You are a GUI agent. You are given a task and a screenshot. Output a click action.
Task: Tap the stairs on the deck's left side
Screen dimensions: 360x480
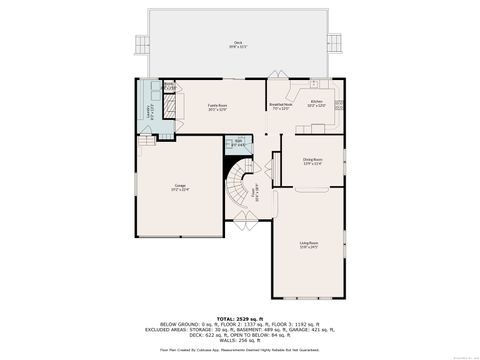click(x=137, y=44)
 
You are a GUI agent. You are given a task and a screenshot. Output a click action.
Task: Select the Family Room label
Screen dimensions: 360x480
click(x=217, y=106)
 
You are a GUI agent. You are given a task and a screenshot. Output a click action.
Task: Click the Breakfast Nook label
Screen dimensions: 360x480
click(x=281, y=106)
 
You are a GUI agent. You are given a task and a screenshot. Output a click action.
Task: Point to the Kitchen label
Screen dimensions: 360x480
click(x=316, y=103)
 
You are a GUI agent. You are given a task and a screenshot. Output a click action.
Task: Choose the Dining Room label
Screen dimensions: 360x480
click(x=312, y=160)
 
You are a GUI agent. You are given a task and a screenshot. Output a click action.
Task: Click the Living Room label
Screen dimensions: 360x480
click(x=309, y=243)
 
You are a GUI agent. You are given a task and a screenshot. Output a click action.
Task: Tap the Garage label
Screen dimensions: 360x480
click(x=180, y=187)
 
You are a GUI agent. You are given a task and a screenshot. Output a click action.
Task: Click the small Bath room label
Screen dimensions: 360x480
click(x=238, y=143)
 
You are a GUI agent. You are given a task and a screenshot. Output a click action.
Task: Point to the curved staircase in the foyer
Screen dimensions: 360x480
click(x=240, y=190)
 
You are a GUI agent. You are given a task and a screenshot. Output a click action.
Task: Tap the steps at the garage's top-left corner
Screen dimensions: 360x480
click(x=149, y=141)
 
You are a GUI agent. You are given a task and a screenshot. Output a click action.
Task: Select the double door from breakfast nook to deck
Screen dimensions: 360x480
click(x=281, y=81)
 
